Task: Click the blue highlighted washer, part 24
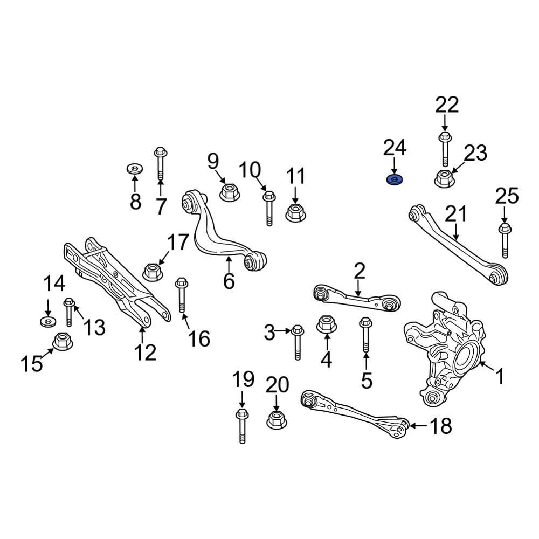tap(396, 180)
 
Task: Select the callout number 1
tap(500, 376)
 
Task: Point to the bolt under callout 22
tap(445, 148)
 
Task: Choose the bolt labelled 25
tap(505, 241)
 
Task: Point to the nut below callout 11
tap(294, 212)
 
